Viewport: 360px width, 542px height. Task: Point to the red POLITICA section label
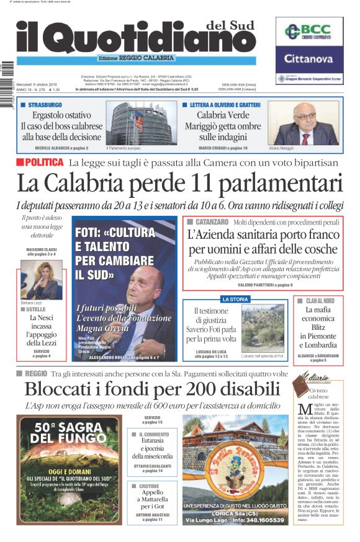pos(40,162)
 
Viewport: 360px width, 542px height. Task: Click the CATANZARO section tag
pos(210,221)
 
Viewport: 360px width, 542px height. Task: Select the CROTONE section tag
pos(149,486)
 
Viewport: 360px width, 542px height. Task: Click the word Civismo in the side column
pos(318,391)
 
